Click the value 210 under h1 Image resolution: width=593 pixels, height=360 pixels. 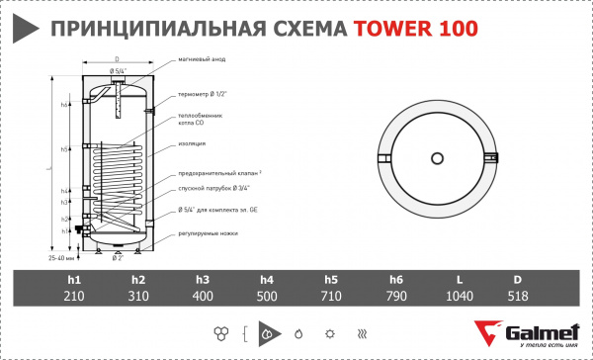(x=75, y=296)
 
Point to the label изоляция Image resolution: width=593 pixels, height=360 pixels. (x=194, y=143)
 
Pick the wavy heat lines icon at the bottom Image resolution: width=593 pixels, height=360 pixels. (x=363, y=332)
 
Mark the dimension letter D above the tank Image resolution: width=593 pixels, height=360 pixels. (x=117, y=58)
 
